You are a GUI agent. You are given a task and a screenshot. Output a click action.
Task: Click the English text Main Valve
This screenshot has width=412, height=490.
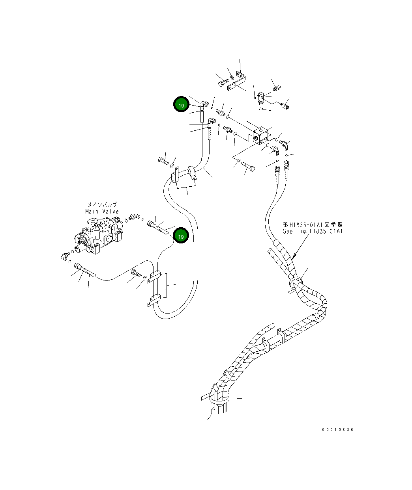[x=102, y=212]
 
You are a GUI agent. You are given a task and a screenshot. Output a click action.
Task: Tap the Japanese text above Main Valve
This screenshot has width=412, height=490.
[x=102, y=205]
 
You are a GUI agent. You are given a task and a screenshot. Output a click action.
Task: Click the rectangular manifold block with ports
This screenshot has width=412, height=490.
[x=260, y=135]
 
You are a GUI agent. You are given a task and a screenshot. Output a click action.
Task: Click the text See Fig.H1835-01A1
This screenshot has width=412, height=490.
[x=313, y=231]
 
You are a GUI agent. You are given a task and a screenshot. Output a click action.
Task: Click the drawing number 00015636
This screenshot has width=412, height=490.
[x=337, y=429]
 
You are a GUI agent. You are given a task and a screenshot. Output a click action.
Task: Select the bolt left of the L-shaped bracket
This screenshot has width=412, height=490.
[x=223, y=83]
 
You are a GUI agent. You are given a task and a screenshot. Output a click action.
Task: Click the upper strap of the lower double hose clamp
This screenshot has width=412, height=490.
[x=155, y=276]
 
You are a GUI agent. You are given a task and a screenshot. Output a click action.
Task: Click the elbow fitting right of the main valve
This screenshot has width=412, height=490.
[x=134, y=216]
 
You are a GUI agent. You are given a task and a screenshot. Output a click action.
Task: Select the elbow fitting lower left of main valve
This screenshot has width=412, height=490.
[x=64, y=256]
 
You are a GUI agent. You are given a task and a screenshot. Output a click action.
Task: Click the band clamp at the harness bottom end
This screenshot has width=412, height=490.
[x=219, y=398]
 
